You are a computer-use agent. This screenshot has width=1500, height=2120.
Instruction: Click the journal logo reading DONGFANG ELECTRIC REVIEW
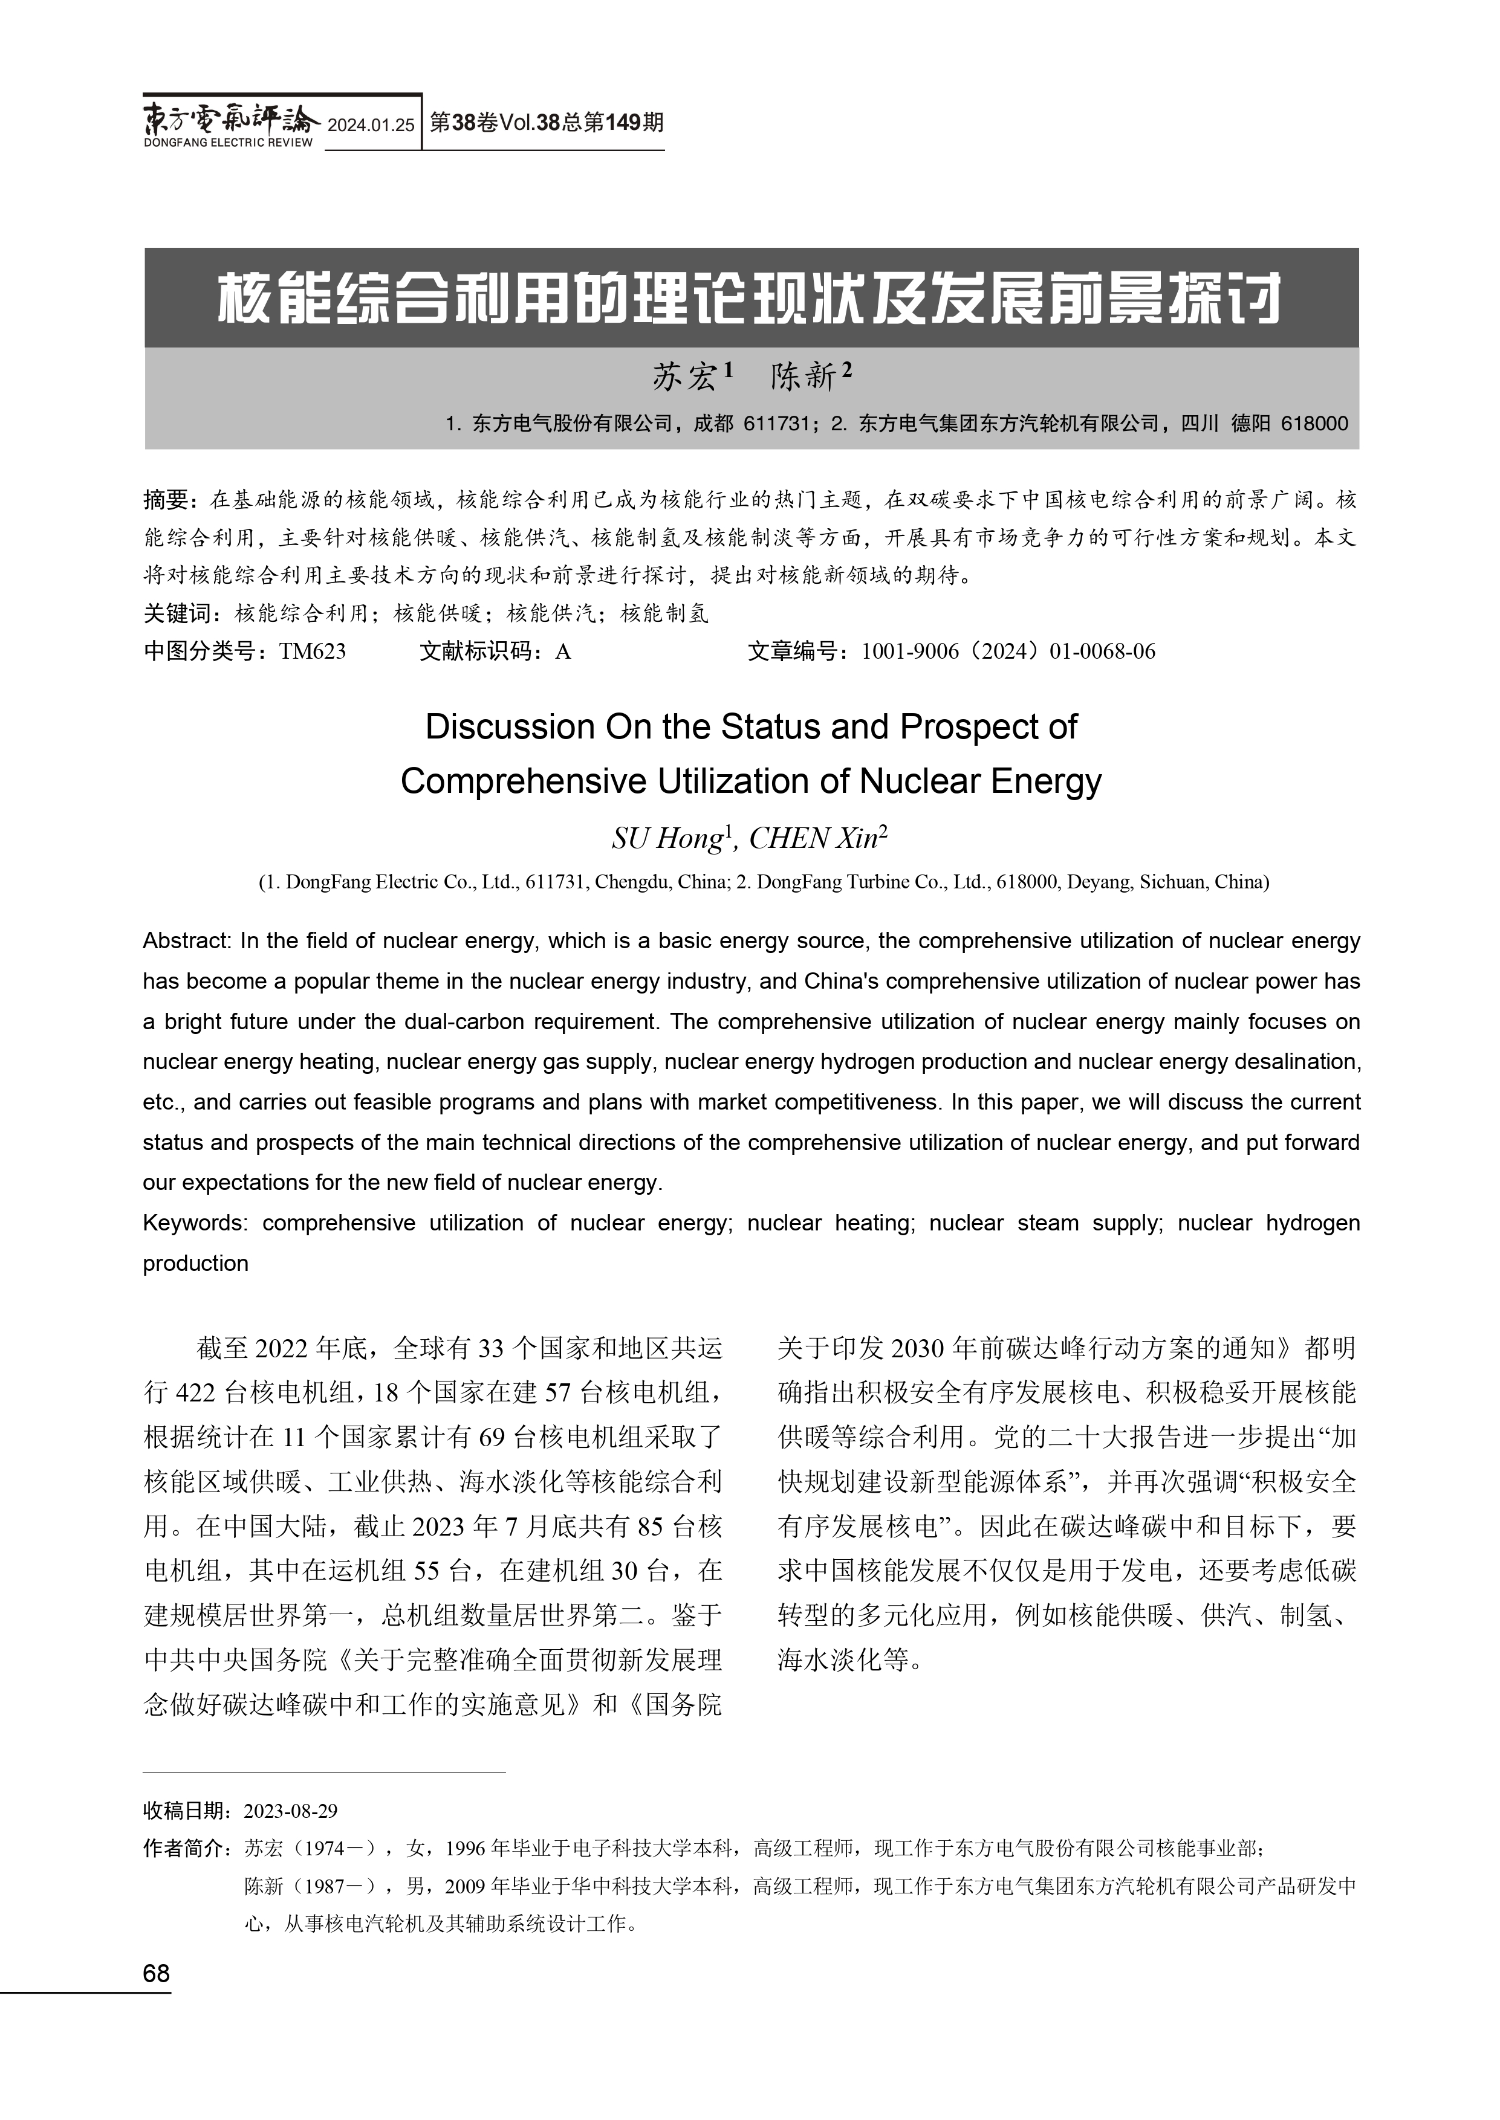(229, 123)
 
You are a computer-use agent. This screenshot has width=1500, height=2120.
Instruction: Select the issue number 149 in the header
(623, 123)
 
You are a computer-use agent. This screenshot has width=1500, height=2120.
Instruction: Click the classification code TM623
(312, 652)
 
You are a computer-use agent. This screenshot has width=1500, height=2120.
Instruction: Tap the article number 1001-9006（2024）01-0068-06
(1008, 652)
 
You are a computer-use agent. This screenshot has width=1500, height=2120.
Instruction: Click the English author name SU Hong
(666, 838)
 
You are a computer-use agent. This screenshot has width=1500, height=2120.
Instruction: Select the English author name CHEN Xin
(813, 838)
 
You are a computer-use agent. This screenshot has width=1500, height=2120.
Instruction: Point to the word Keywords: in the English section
(195, 1223)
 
